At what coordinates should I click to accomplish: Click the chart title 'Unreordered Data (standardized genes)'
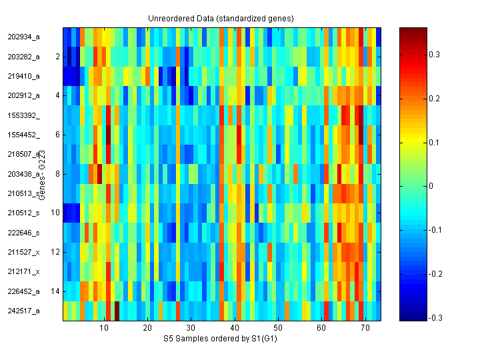click(x=221, y=18)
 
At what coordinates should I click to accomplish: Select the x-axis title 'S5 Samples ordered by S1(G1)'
click(x=221, y=339)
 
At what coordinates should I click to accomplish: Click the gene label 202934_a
click(x=24, y=37)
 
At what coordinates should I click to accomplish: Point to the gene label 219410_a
click(x=24, y=76)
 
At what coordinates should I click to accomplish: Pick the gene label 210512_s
click(x=24, y=213)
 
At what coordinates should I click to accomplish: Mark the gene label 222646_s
click(x=24, y=233)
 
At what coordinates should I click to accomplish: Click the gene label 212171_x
click(x=24, y=272)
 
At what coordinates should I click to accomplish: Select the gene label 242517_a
click(x=24, y=311)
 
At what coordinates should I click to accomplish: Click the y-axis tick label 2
click(x=57, y=57)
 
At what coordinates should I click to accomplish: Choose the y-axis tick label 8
click(x=57, y=174)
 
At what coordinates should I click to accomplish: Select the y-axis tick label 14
click(x=55, y=291)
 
